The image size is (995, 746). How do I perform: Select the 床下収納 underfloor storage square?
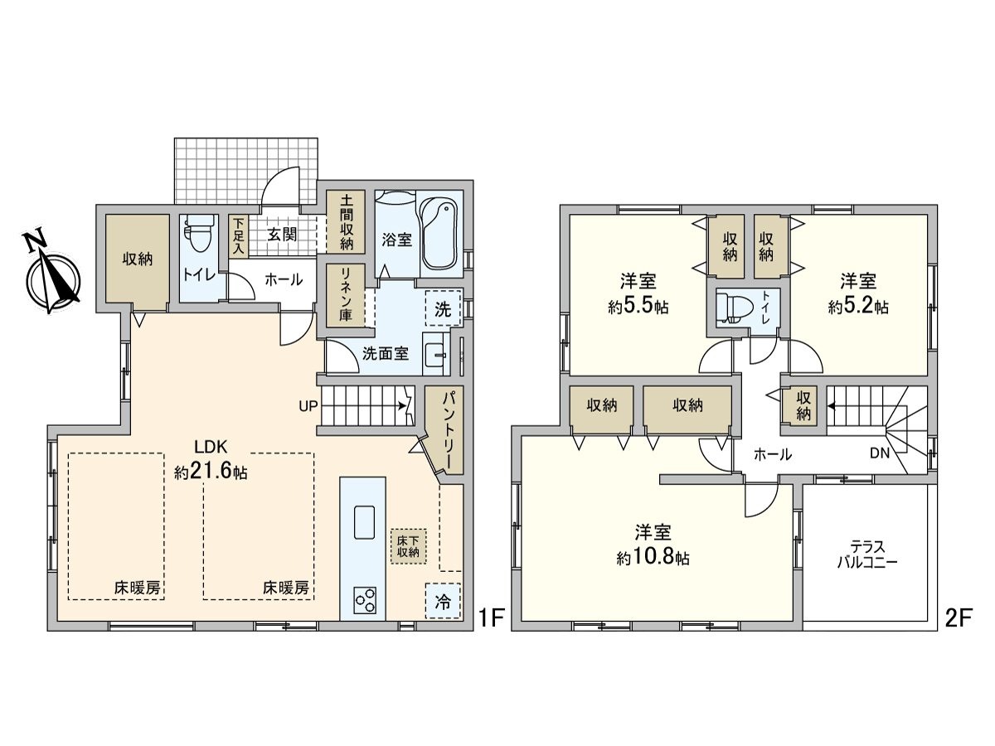(x=407, y=545)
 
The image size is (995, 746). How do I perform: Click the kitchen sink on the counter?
(x=363, y=522)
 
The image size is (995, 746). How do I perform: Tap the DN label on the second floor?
(x=880, y=453)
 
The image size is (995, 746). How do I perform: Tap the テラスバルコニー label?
(x=867, y=554)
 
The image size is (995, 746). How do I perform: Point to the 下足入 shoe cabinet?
(x=239, y=236)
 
